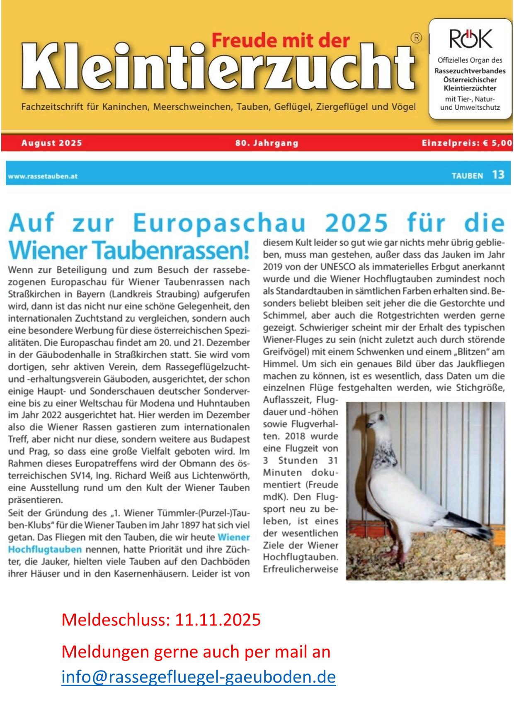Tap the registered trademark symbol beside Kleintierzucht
point(416,38)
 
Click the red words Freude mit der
point(281,41)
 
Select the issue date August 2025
point(52,143)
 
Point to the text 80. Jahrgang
point(267,143)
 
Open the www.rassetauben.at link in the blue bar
point(42,176)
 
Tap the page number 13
point(498,175)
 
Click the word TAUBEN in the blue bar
point(467,176)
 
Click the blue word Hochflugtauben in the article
point(45,550)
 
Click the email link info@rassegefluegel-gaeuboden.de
point(198,677)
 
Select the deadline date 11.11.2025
point(218,620)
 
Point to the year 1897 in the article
point(192,525)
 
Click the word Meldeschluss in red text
point(116,620)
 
